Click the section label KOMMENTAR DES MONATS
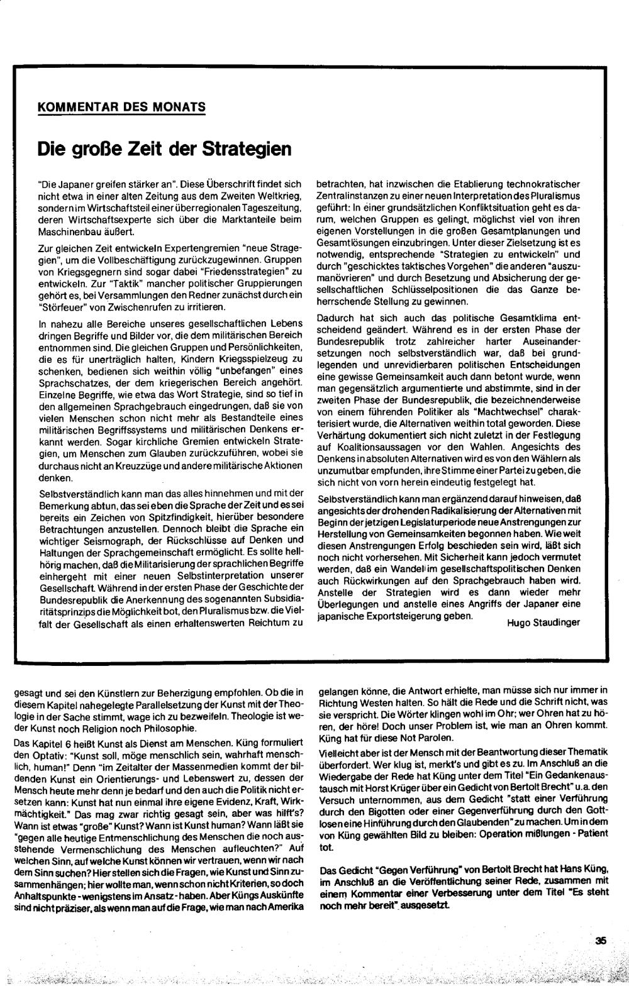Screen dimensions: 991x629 coord(121,106)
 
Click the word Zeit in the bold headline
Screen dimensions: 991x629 coord(145,150)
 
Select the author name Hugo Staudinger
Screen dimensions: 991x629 coord(542,623)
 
